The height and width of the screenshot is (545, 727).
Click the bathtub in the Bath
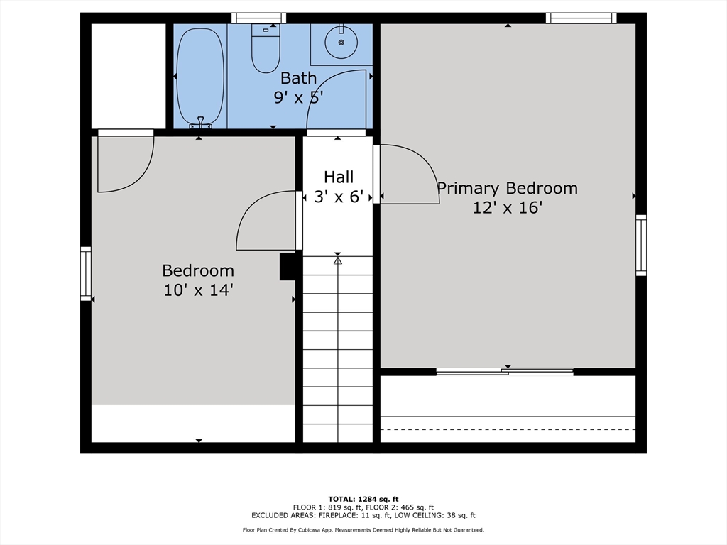pyautogui.click(x=200, y=77)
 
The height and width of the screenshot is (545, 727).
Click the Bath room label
pyautogui.click(x=298, y=77)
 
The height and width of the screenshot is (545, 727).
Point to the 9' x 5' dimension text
pyautogui.click(x=298, y=97)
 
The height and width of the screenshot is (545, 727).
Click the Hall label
pyautogui.click(x=339, y=177)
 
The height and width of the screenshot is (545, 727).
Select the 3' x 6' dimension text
pyautogui.click(x=339, y=197)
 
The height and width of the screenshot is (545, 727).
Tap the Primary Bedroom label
pyautogui.click(x=507, y=188)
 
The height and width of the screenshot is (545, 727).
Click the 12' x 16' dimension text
pyautogui.click(x=507, y=208)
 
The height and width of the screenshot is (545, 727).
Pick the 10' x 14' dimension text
pyautogui.click(x=198, y=290)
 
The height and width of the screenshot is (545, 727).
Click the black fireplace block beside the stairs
pyautogui.click(x=288, y=267)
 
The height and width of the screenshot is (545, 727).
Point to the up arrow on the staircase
pyautogui.click(x=338, y=260)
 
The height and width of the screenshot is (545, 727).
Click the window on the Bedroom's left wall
pyautogui.click(x=86, y=273)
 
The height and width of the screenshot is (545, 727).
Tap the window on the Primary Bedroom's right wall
pyautogui.click(x=641, y=245)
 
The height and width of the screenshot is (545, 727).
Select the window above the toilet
pyautogui.click(x=259, y=18)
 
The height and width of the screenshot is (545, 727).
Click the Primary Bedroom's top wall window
pyautogui.click(x=581, y=18)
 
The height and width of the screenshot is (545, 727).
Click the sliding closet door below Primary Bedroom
pyautogui.click(x=505, y=371)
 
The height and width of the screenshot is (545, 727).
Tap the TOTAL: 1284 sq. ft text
pyautogui.click(x=363, y=498)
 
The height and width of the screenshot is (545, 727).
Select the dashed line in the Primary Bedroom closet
pyautogui.click(x=508, y=429)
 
